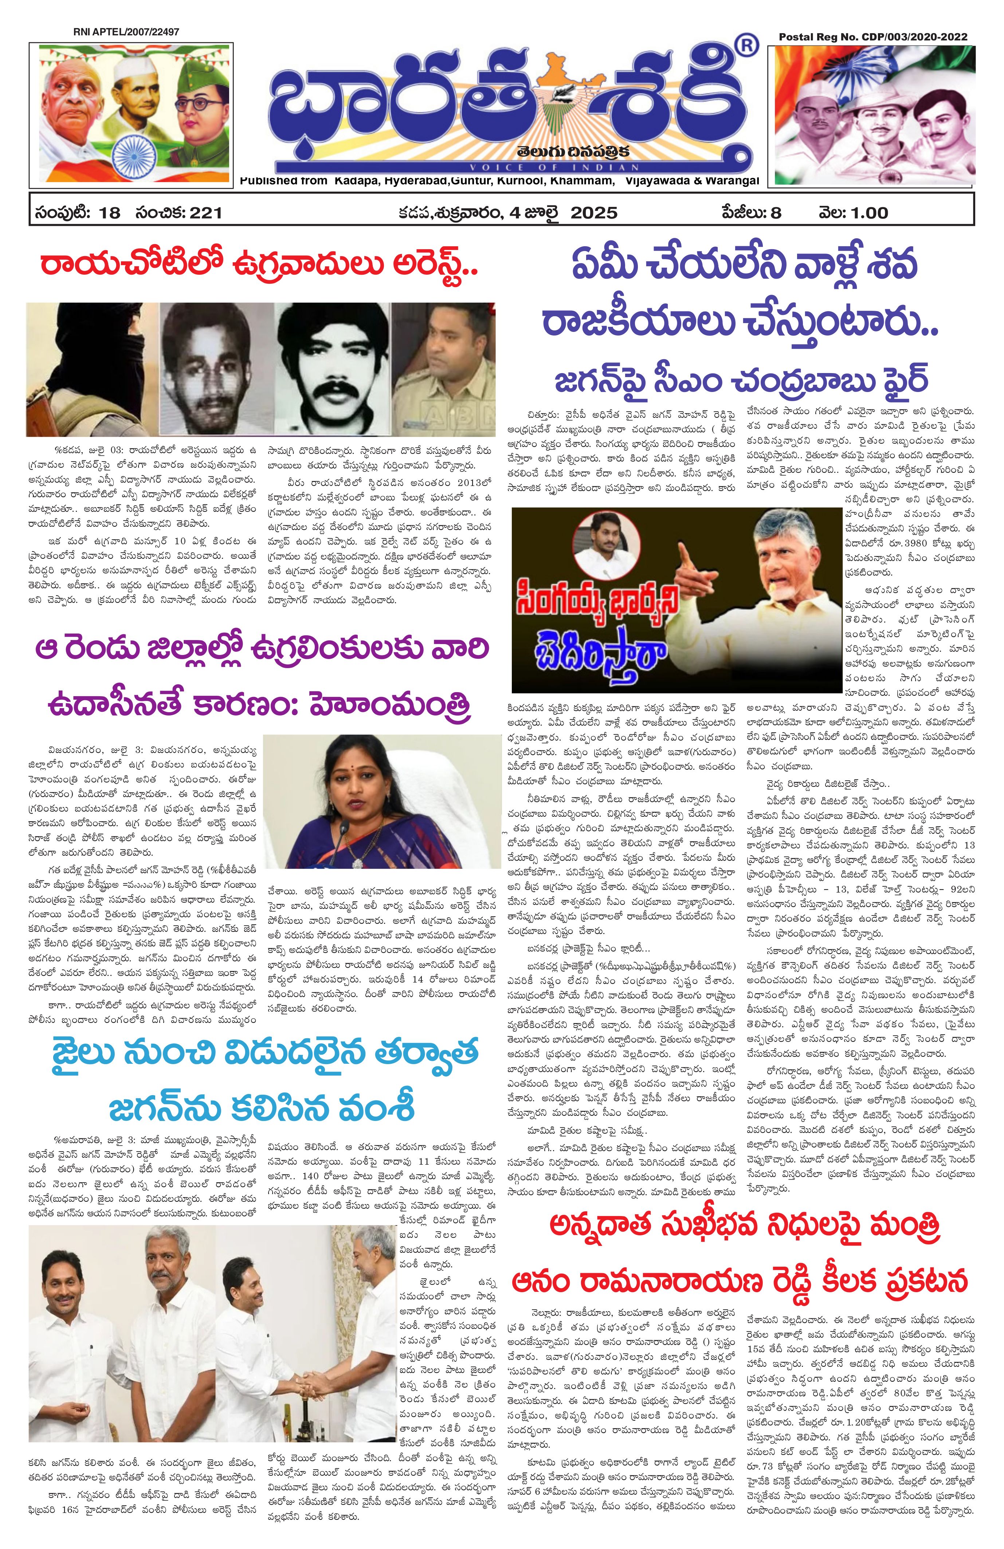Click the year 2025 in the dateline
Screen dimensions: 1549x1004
click(593, 213)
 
